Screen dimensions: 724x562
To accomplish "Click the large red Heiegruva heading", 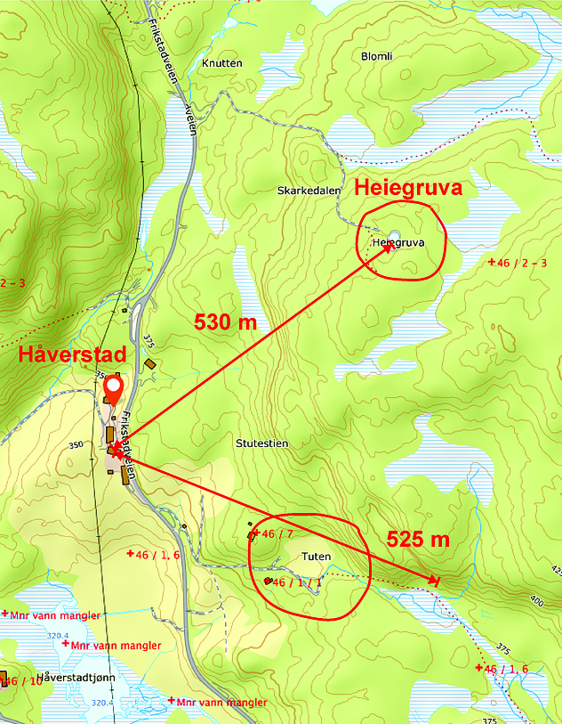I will click(x=410, y=187).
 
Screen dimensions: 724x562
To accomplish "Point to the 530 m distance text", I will click(x=225, y=322).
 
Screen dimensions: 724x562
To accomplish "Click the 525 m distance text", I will click(x=418, y=539).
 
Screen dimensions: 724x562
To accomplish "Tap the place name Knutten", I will click(x=221, y=63).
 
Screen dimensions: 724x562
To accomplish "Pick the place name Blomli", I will click(x=377, y=56).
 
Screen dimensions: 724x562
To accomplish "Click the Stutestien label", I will click(x=262, y=443).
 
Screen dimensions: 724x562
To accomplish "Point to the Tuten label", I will click(x=317, y=557).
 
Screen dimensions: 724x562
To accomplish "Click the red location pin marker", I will click(x=114, y=390).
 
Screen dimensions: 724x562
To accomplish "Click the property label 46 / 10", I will click(x=21, y=681).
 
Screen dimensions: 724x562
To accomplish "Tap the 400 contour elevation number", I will click(x=535, y=603).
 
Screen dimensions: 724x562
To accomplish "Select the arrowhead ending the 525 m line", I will click(x=435, y=581).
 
